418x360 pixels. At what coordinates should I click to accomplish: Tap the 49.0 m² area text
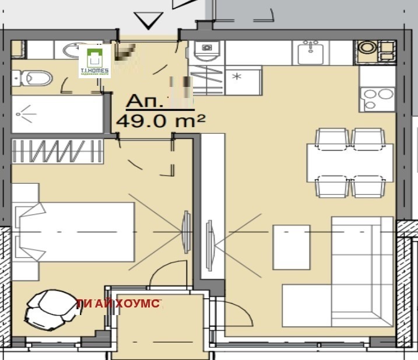(x=161, y=121)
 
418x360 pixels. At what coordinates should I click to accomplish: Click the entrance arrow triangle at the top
(x=149, y=20)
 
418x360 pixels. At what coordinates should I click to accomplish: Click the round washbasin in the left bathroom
(x=73, y=50)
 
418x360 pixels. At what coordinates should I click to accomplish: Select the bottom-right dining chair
(x=368, y=186)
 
